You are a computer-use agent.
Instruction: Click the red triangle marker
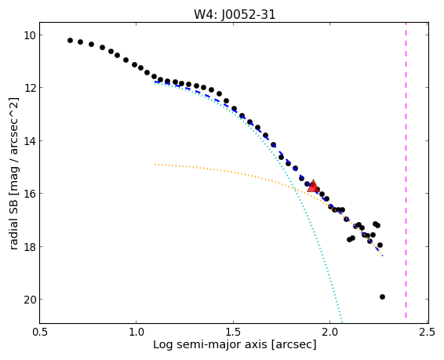pyautogui.click(x=313, y=186)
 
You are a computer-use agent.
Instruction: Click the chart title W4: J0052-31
pyautogui.click(x=235, y=14)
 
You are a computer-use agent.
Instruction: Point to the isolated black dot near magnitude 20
pyautogui.click(x=382, y=297)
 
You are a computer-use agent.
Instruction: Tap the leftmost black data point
pyautogui.click(x=71, y=41)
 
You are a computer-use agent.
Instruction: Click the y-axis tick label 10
pyautogui.click(x=30, y=35)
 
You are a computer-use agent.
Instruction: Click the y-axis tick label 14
pyautogui.click(x=30, y=141)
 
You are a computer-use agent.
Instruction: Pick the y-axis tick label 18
pyautogui.click(x=30, y=247)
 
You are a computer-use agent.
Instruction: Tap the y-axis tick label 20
pyautogui.click(x=30, y=300)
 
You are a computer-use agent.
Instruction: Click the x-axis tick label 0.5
pyautogui.click(x=40, y=332)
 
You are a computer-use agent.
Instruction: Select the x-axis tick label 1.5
pyautogui.click(x=233, y=332)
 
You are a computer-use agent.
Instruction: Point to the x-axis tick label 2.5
pyautogui.click(x=428, y=332)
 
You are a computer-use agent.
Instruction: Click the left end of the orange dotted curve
pyautogui.click(x=155, y=165)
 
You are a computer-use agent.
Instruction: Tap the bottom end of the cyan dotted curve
pyautogui.click(x=342, y=322)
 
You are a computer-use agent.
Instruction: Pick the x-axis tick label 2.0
pyautogui.click(x=330, y=332)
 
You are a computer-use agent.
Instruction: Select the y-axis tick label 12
pyautogui.click(x=30, y=88)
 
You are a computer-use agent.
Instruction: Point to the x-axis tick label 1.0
pyautogui.click(x=136, y=332)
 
